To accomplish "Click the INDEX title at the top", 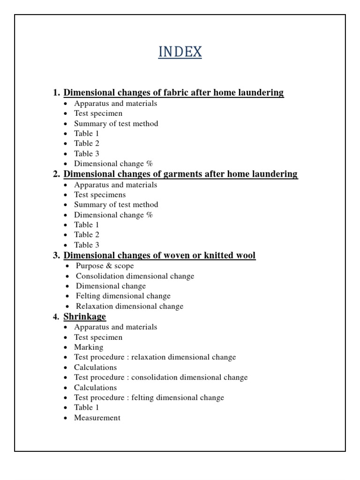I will click(180, 52).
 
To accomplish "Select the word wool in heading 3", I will click(245, 255).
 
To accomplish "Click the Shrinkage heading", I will click(85, 317).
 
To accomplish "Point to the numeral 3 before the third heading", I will click(56, 255).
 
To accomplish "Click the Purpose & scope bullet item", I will click(105, 266).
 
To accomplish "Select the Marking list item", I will click(89, 347).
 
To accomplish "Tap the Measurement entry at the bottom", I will click(97, 418).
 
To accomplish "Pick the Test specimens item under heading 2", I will click(100, 195).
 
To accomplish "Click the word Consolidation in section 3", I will click(99, 276).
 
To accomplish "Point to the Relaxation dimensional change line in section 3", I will click(130, 307).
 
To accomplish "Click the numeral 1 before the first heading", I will click(56, 93).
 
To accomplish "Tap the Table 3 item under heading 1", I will click(87, 154).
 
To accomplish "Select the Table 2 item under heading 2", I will click(87, 235).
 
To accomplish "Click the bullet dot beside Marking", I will click(66, 348).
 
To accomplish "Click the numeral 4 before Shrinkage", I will click(56, 317).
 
